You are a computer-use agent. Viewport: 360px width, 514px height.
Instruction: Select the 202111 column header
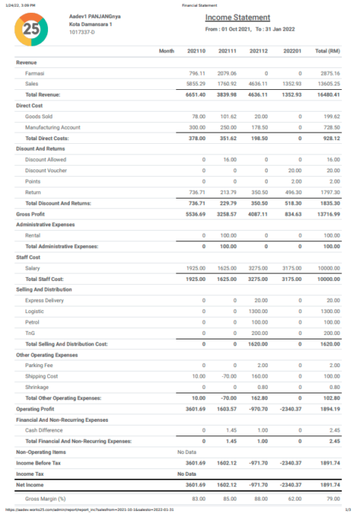[x=227, y=51]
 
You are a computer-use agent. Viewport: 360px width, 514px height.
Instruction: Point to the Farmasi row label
[x=35, y=73]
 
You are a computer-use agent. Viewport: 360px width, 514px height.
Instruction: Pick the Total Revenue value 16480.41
[x=328, y=95]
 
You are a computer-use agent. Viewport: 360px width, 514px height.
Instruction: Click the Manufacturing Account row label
[x=52, y=127]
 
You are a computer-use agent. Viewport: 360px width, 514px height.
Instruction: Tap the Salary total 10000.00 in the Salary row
[x=328, y=267]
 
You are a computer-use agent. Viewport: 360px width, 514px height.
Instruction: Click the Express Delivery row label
[x=44, y=300]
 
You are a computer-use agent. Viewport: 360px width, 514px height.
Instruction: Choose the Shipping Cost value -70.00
[x=227, y=376]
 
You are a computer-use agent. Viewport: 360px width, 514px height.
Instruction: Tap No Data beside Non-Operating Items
[x=187, y=453]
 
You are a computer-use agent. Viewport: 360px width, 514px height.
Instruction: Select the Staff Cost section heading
[x=31, y=257]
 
